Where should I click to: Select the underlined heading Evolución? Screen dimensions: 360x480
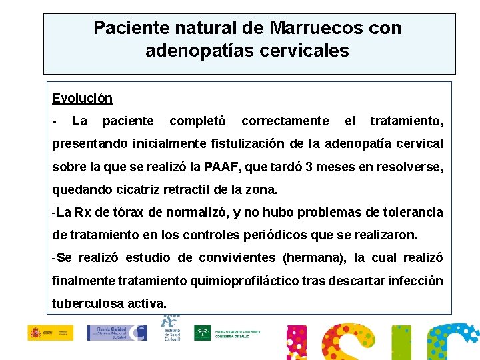[x=82, y=99]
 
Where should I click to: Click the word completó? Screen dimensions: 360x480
[x=197, y=121]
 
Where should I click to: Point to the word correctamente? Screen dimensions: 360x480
[x=285, y=121]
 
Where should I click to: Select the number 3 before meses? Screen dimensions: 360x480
[x=312, y=166]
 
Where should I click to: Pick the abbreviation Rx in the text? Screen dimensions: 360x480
[x=83, y=212]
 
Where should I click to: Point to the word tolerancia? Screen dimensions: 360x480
[x=411, y=212]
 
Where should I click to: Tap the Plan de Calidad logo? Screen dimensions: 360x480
[x=117, y=333]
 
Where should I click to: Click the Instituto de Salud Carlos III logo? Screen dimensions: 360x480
[x=172, y=328]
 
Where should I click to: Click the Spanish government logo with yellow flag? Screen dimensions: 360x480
[x=51, y=333]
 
